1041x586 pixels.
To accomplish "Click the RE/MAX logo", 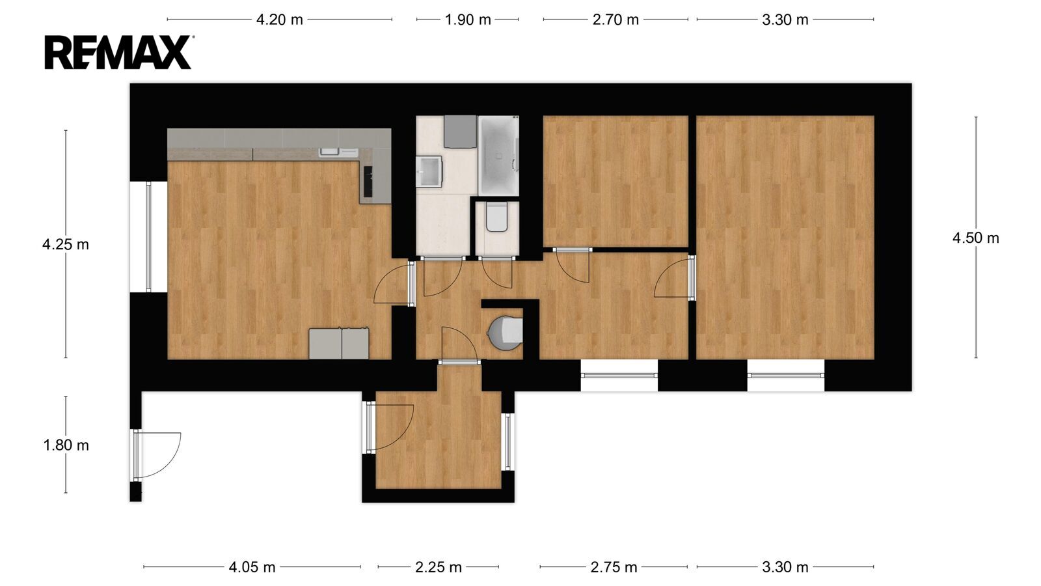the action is [118, 53].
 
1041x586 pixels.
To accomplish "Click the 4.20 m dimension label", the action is [279, 20].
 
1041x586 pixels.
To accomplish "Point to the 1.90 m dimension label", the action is [468, 20].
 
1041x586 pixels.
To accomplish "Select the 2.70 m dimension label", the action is [615, 20].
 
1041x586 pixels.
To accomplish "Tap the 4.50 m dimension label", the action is [975, 238].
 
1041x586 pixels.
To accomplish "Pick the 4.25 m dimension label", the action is [66, 244].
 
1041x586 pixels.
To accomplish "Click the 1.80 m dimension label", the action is [66, 445].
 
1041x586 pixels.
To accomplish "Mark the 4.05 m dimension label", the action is [252, 567].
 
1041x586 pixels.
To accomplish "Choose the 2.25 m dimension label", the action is [439, 567].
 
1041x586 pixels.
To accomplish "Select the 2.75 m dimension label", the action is [614, 567].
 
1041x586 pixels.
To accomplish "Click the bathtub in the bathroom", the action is [498, 156].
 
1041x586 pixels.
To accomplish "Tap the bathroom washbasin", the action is [429, 172].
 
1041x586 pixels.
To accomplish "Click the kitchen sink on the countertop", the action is [338, 152].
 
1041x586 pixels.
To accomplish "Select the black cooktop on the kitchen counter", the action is [368, 182].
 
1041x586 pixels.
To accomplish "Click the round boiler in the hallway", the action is [505, 333].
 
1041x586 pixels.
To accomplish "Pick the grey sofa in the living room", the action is [339, 344].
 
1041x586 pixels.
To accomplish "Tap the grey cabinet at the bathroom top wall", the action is [460, 132].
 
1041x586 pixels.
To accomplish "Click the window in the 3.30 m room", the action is [785, 375].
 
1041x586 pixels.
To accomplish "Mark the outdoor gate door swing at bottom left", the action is [158, 455].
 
